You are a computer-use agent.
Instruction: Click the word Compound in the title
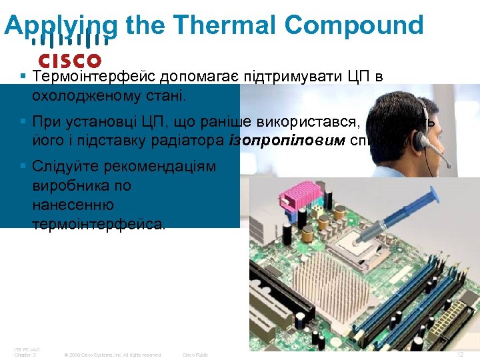[x=353, y=25]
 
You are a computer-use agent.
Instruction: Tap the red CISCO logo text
[x=70, y=61]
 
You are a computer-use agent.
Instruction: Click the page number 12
[x=460, y=355]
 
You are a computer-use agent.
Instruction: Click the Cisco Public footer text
[x=195, y=355]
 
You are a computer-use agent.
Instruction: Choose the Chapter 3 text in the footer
[x=25, y=355]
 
